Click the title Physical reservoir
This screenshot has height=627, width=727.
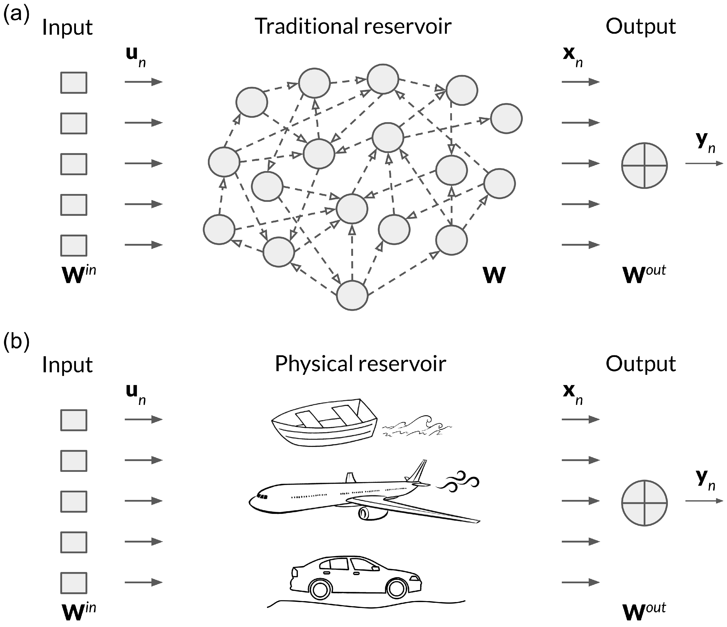pyautogui.click(x=360, y=364)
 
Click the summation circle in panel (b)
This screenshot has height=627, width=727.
pyautogui.click(x=644, y=503)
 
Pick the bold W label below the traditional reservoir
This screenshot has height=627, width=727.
pyautogui.click(x=494, y=275)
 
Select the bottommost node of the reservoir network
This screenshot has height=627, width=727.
pyautogui.click(x=352, y=295)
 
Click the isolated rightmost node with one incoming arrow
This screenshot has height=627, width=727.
pyautogui.click(x=506, y=118)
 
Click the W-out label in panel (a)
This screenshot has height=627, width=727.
pyautogui.click(x=644, y=274)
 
